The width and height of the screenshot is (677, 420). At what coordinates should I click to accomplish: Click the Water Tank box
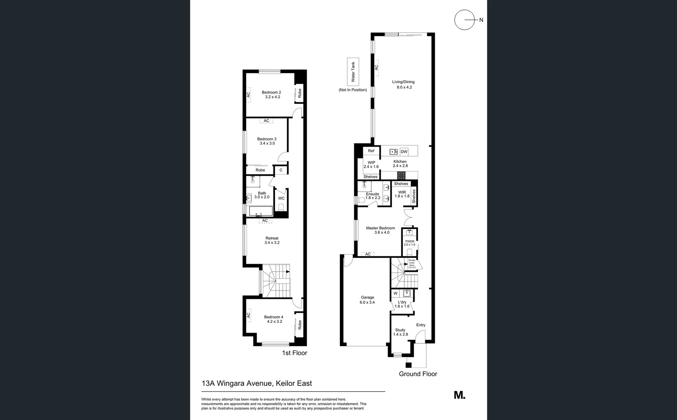click(353, 72)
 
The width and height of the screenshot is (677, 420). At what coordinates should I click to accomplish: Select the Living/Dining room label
click(403, 82)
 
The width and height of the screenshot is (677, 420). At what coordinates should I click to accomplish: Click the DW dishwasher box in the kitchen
click(404, 152)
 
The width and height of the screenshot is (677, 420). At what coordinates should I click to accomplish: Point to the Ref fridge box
click(371, 151)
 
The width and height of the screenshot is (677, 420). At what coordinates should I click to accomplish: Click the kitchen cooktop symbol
click(401, 175)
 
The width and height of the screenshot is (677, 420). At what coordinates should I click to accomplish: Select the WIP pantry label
click(371, 163)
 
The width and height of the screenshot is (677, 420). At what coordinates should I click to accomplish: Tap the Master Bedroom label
click(380, 228)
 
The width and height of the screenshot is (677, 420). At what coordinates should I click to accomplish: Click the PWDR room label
click(409, 241)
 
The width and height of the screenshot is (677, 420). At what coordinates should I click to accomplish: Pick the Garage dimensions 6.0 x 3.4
click(367, 303)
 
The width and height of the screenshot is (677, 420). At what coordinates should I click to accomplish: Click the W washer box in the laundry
click(395, 294)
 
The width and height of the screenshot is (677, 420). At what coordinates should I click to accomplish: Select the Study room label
click(400, 330)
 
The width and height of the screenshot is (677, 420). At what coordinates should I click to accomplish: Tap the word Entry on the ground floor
click(421, 325)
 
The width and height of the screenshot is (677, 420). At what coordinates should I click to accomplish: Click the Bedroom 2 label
click(271, 93)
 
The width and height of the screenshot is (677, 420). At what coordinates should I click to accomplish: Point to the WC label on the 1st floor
click(281, 198)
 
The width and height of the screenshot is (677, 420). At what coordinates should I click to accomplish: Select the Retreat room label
click(272, 238)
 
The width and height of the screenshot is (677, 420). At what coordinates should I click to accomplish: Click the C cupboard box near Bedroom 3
click(281, 170)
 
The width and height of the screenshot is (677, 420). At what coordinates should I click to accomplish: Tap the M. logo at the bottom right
click(460, 395)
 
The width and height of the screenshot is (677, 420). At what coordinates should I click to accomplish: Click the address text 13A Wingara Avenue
click(238, 383)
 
